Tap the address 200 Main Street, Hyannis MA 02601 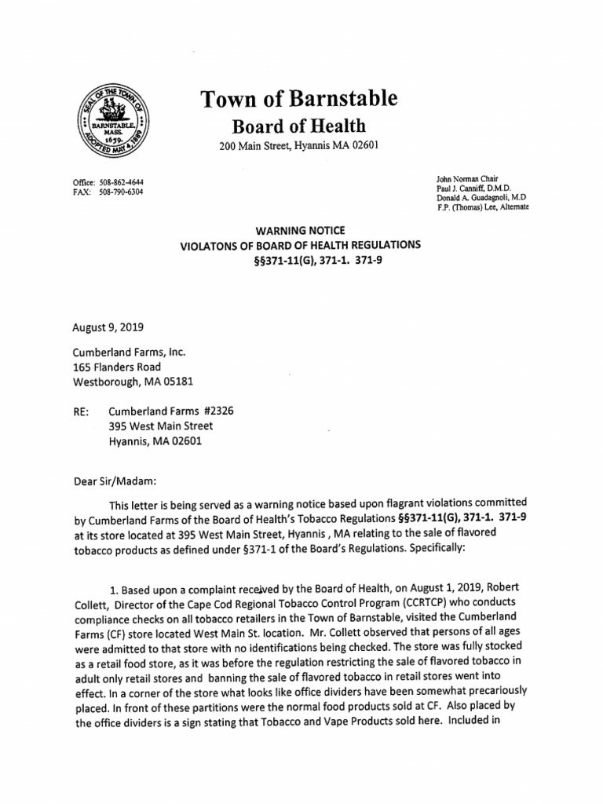(x=298, y=147)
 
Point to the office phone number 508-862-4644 (x=122, y=181)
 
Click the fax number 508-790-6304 (x=122, y=191)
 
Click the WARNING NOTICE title (x=301, y=232)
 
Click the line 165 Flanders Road (x=117, y=367)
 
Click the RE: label (x=81, y=411)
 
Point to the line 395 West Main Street (x=160, y=426)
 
